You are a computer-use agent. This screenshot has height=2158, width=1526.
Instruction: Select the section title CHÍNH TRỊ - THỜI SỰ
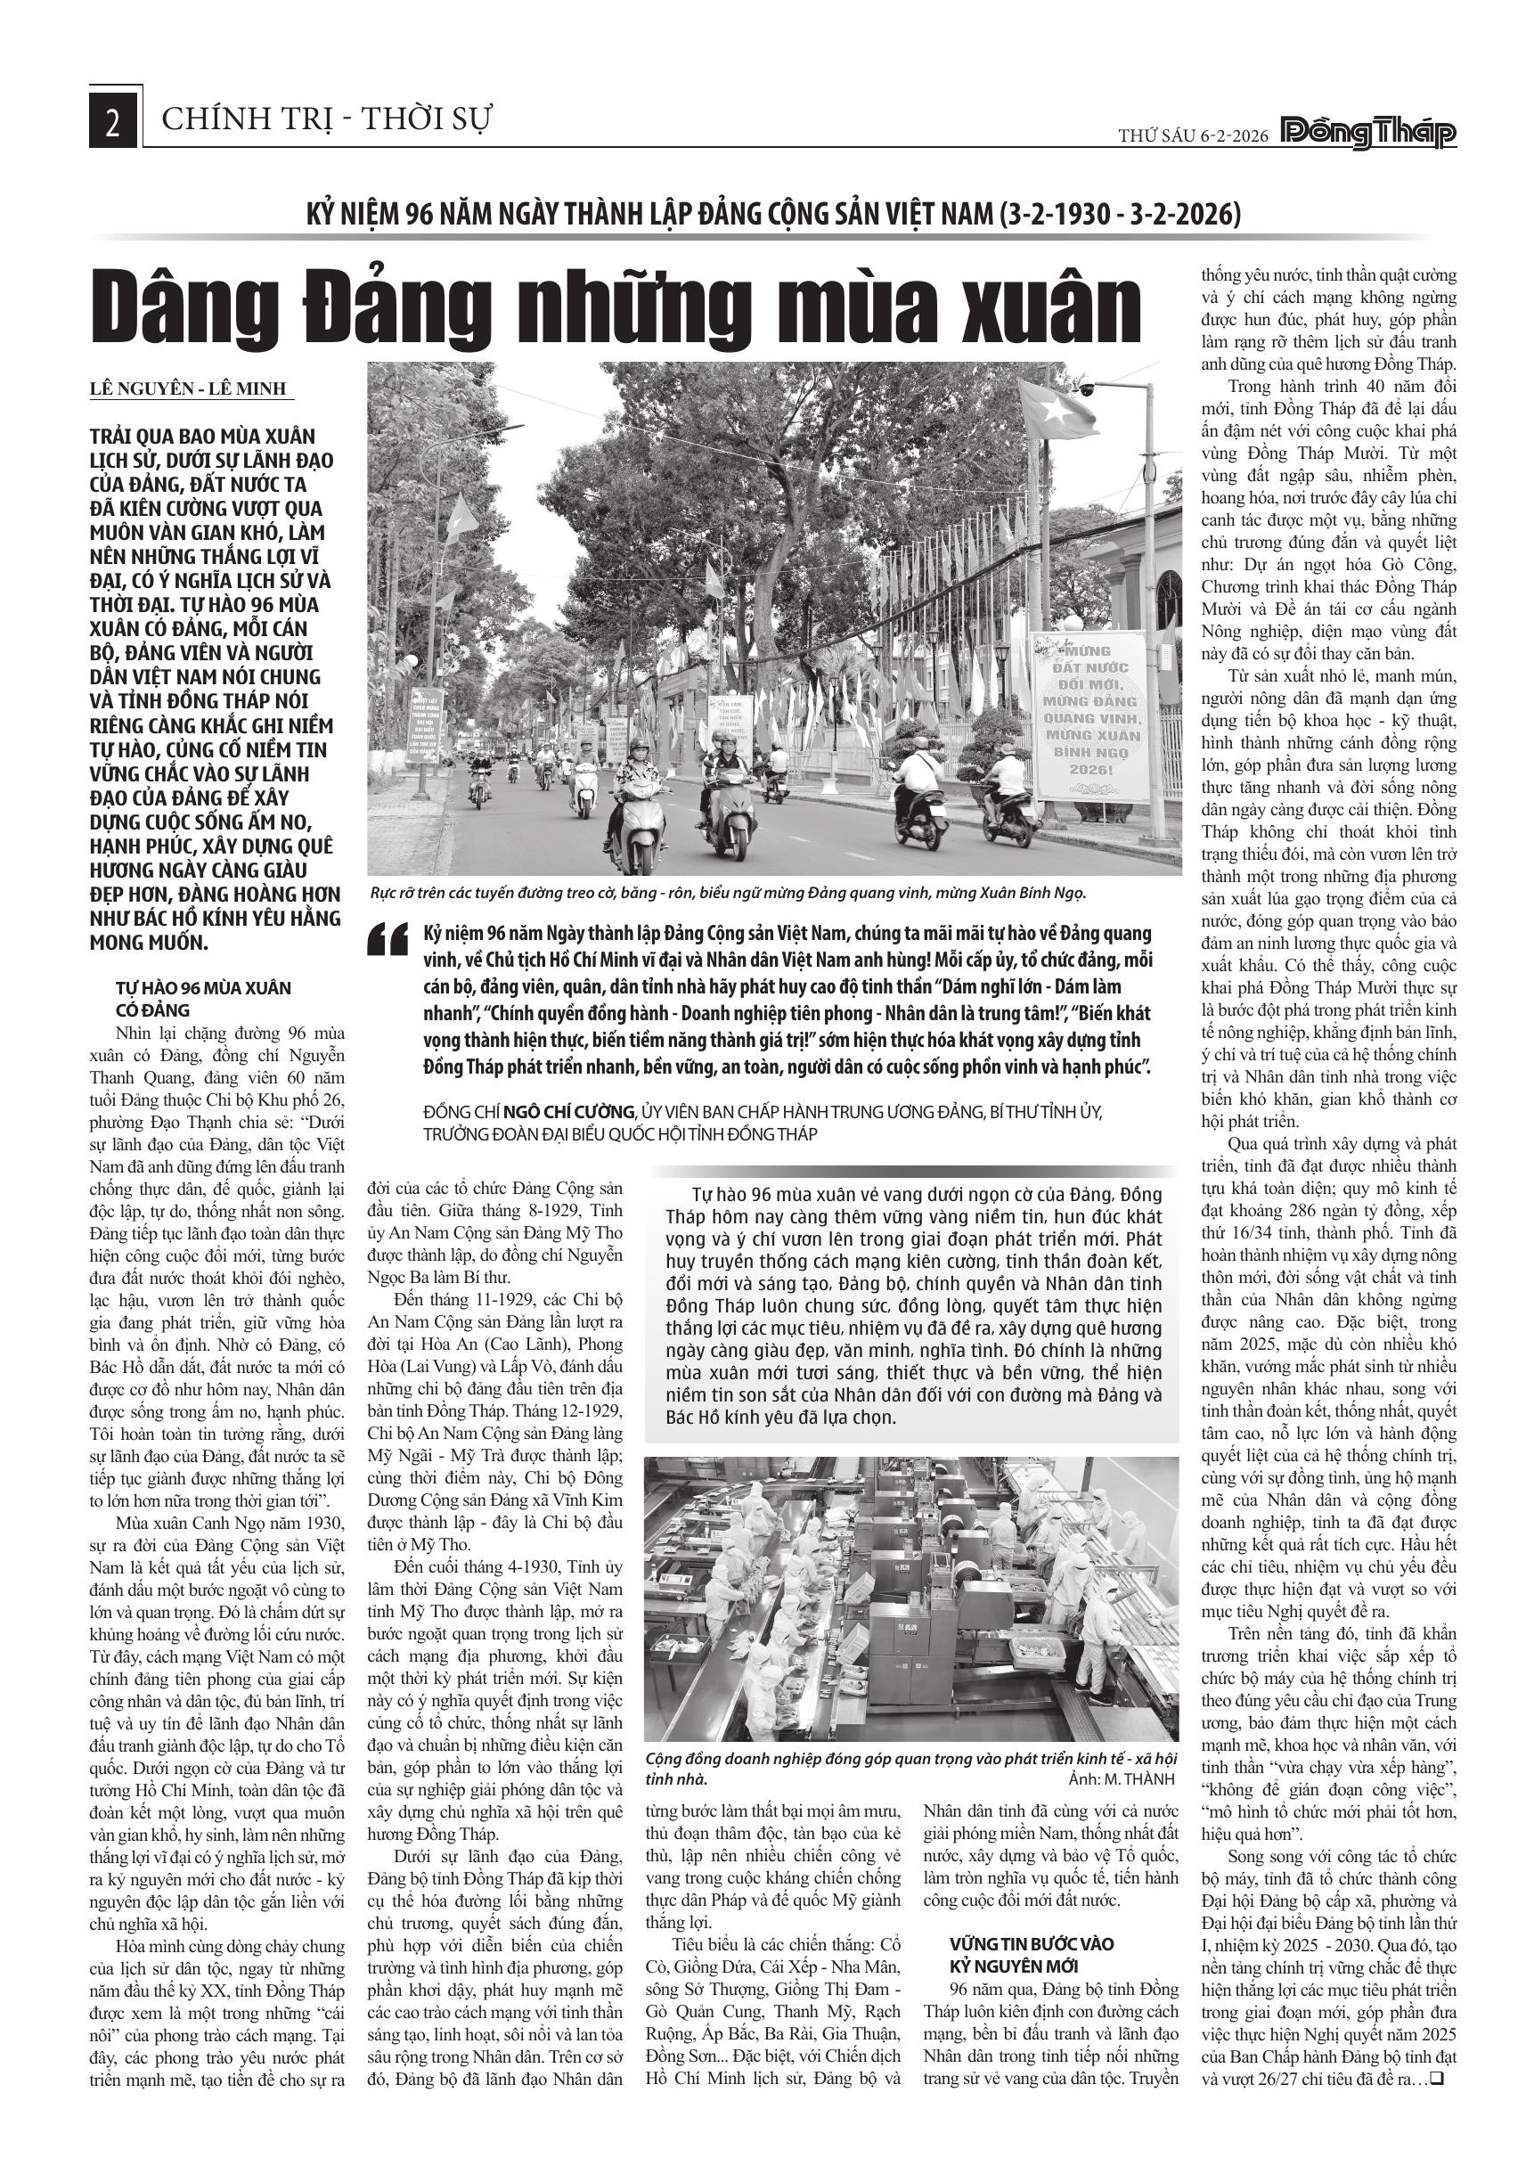pyautogui.click(x=328, y=120)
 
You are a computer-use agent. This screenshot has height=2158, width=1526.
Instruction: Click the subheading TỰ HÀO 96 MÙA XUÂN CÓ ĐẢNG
pyautogui.click(x=203, y=999)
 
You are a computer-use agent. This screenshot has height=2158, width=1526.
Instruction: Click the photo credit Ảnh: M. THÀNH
pyautogui.click(x=1122, y=1781)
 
